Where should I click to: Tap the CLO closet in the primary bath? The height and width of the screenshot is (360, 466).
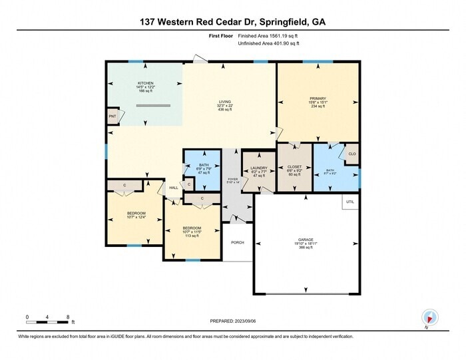point(351,154)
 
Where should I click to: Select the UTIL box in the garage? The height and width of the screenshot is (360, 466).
point(350,200)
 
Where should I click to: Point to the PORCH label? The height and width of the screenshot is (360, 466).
point(237,242)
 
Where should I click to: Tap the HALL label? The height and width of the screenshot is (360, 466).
point(173,188)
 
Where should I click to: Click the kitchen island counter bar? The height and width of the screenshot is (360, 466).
point(154,105)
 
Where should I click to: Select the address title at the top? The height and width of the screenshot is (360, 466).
point(233,21)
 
